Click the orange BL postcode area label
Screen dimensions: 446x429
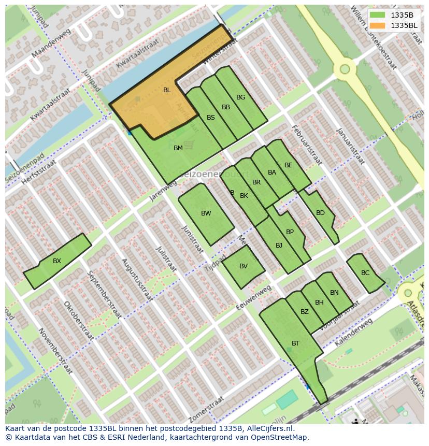[167, 90]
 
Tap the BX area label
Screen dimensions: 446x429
[57, 261]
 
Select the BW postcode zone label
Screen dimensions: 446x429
[206, 213]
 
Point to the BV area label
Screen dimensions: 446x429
[243, 266]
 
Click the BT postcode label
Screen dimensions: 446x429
[295, 343]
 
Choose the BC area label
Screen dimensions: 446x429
[365, 273]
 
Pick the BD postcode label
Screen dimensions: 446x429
[320, 213]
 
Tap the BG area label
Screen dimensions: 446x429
[240, 97]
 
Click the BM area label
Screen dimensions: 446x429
[178, 148]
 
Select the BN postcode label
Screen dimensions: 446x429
[334, 293]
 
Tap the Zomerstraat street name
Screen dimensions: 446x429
[207, 409]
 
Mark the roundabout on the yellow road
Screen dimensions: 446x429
[345, 69]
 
